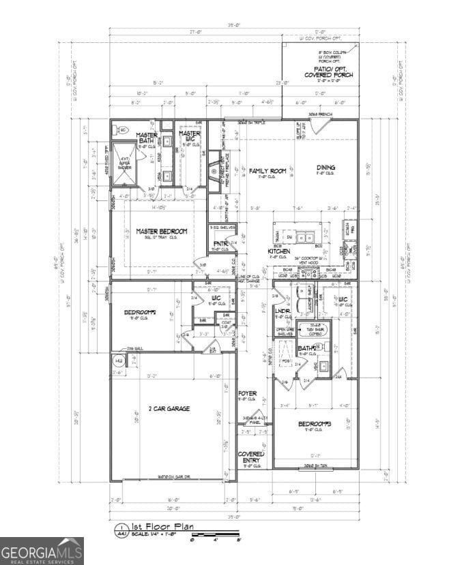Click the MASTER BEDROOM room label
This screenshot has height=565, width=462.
point(161,232)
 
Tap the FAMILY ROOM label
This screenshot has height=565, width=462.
point(268,171)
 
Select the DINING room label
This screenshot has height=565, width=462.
point(326,167)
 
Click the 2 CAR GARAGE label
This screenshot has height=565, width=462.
point(169,409)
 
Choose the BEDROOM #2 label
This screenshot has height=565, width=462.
point(141,313)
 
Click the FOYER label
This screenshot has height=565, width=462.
point(248,394)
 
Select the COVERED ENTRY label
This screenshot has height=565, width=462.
point(250,457)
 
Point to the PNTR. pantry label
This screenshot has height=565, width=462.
point(220,243)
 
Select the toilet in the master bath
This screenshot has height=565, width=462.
point(124,130)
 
